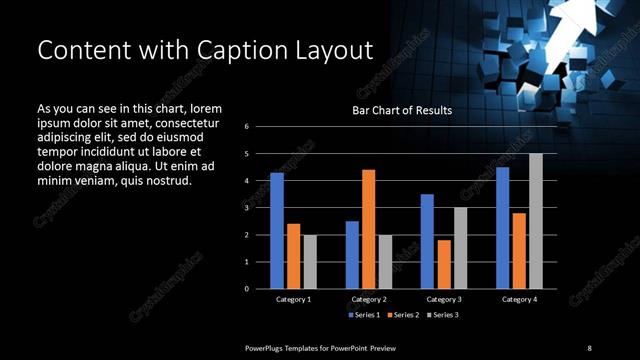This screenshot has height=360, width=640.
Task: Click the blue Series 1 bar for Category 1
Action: (x=277, y=231)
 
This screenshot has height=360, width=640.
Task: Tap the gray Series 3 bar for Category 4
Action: (x=535, y=221)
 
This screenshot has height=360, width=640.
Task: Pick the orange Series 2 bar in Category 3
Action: (x=444, y=264)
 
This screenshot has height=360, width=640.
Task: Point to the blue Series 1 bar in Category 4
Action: (x=502, y=228)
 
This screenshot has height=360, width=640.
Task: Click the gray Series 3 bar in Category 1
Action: (x=309, y=262)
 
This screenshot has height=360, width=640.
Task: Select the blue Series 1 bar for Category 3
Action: (x=427, y=241)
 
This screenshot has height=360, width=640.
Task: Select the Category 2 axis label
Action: (x=368, y=299)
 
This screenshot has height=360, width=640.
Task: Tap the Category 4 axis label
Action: (x=519, y=299)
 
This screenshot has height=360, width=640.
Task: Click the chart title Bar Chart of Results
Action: (x=402, y=110)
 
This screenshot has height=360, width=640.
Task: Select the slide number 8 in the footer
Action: (x=589, y=347)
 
